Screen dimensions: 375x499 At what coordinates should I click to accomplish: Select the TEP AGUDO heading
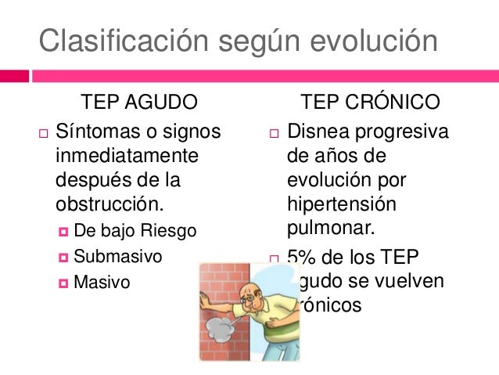coord(138,103)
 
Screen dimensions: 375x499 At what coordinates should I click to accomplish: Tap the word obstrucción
coord(110,205)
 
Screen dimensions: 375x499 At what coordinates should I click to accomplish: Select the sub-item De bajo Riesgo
coord(135,231)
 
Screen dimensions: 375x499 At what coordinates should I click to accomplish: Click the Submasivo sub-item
coord(118,256)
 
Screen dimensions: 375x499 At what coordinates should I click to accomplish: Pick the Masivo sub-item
coord(102,282)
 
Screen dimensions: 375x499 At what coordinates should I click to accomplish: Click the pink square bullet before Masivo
coord(63,282)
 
